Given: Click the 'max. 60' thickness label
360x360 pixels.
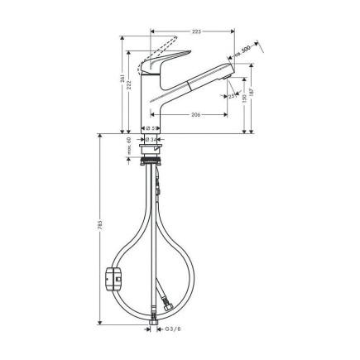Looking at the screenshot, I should pyautogui.click(x=130, y=147).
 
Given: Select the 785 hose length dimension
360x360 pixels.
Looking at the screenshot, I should pyautogui.click(x=100, y=232).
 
